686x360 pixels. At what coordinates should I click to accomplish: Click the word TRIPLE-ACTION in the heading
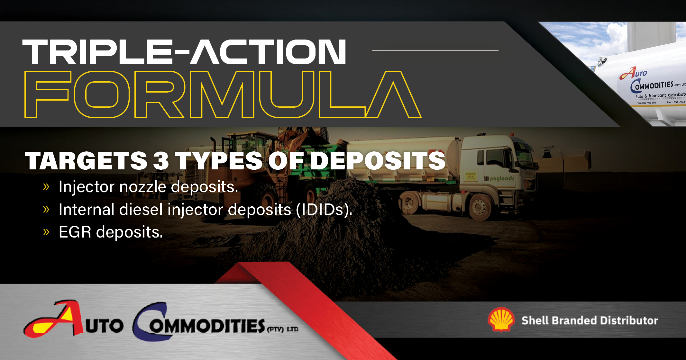[184, 52]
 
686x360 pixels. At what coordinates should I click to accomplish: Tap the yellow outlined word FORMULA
[223, 94]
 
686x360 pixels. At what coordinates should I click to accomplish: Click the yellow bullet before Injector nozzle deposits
[46, 187]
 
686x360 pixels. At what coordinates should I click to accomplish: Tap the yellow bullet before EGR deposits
[46, 232]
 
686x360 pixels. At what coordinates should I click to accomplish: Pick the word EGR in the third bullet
[75, 232]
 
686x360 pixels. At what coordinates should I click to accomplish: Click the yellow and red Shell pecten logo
[501, 319]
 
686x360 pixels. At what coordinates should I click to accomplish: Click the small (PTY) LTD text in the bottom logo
[283, 329]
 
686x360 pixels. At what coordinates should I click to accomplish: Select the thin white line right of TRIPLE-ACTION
[435, 50]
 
